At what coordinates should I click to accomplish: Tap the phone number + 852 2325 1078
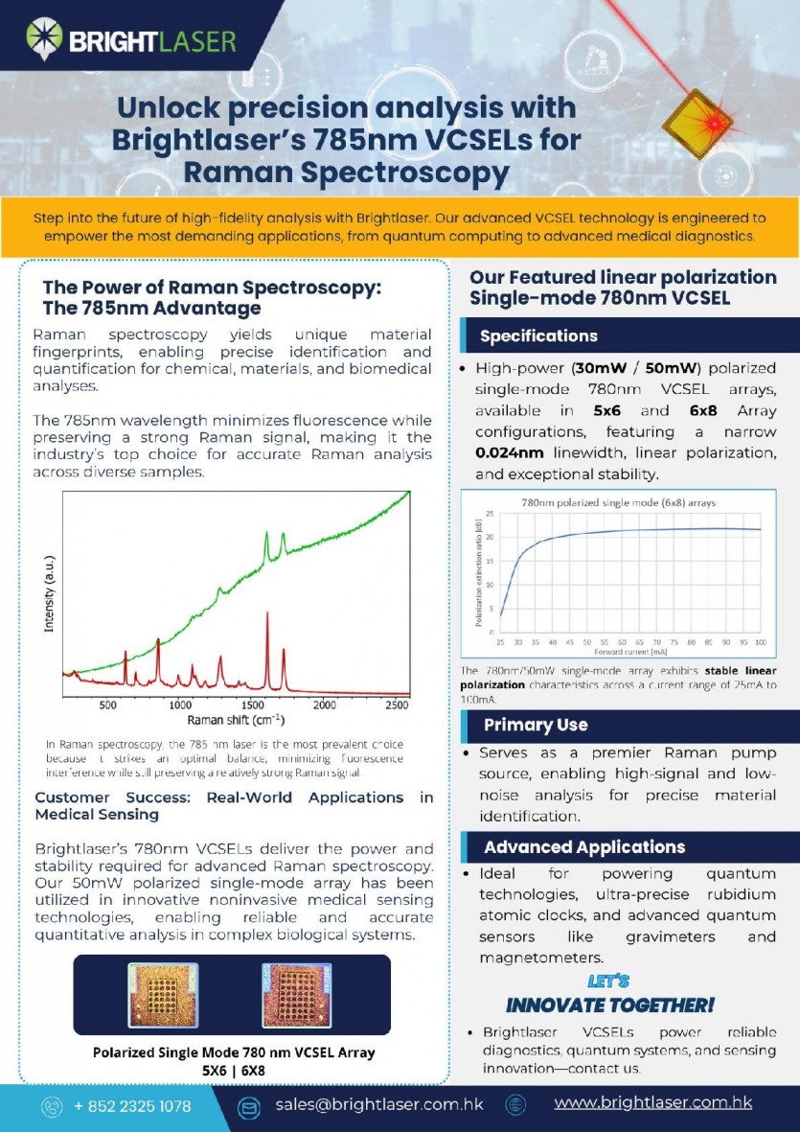coord(132,1106)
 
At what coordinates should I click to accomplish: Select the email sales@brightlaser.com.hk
coord(379,1104)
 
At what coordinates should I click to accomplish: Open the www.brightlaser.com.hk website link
coord(652,1103)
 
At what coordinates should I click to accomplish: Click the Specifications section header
coord(538,336)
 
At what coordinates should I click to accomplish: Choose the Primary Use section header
coord(536,725)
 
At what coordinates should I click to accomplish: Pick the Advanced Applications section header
coord(584,847)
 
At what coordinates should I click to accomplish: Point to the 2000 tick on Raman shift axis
coord(325,705)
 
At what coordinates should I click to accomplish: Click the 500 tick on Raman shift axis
coord(107,705)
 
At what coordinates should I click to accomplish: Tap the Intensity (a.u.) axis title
coord(49,594)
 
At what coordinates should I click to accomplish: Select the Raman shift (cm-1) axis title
coord(236,719)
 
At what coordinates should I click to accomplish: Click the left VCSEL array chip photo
coord(163,995)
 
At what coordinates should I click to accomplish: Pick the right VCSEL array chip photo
coord(296,995)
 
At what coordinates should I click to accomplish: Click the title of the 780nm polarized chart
coord(618,502)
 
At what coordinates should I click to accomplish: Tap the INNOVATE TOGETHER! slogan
coord(609,1005)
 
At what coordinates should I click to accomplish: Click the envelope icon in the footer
coord(249,1107)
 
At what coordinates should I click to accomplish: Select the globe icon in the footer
coord(515,1105)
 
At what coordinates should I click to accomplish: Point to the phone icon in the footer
coord(51,1107)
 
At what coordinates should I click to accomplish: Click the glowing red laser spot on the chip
coord(712,125)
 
